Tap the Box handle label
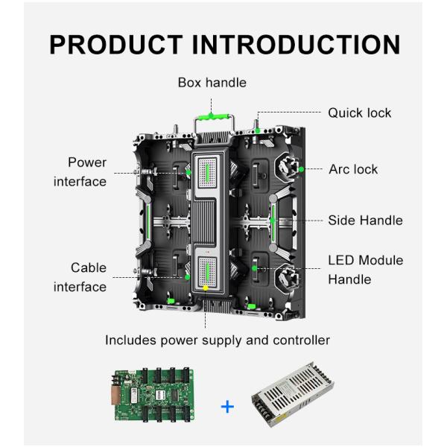point(212,83)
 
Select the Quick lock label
point(359,112)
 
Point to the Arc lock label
point(353,169)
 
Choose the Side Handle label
point(365,220)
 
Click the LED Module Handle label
point(365,270)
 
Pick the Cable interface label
point(80,276)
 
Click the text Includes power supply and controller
point(217,340)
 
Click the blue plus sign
point(227,406)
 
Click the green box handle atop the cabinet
point(212,118)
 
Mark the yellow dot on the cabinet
point(206,288)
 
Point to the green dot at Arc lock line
point(301,169)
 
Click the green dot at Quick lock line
point(258,130)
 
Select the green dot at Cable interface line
point(188,277)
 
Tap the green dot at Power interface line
point(188,173)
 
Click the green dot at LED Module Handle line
point(256,267)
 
